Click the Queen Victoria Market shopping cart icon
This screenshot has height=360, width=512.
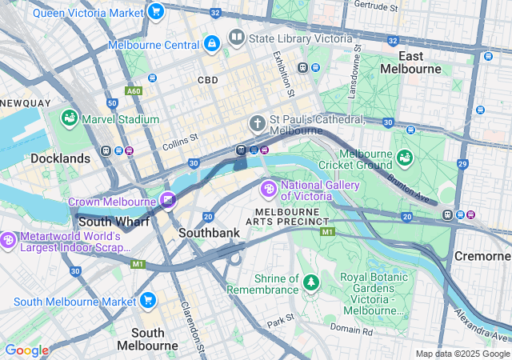(156, 12)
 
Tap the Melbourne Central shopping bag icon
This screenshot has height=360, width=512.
(211, 44)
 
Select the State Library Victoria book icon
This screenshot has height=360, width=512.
(236, 37)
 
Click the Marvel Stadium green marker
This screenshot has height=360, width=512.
(70, 119)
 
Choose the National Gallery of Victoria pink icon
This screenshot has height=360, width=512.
(269, 190)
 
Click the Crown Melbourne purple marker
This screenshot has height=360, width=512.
(168, 200)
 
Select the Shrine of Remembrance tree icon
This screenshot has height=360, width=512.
(310, 282)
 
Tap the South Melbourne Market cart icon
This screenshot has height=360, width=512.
(147, 301)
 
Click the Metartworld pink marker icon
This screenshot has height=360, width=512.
(8, 240)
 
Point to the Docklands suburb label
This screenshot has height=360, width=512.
(60, 158)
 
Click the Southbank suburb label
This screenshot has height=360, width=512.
(209, 233)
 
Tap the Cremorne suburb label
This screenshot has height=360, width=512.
(482, 256)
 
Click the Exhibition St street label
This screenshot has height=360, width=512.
(278, 71)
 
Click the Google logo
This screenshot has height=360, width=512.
(26, 350)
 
